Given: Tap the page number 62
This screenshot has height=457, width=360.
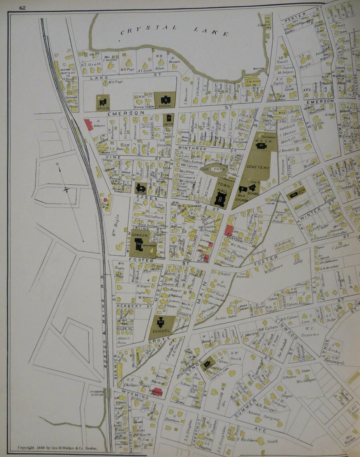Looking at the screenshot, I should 22,7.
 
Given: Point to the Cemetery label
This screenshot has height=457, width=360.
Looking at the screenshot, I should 258,167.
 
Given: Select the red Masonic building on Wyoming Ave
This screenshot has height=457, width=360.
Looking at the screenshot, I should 156,392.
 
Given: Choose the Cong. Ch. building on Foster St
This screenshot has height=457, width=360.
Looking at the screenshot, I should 139,244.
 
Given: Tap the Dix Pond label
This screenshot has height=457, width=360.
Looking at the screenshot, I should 209,169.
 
